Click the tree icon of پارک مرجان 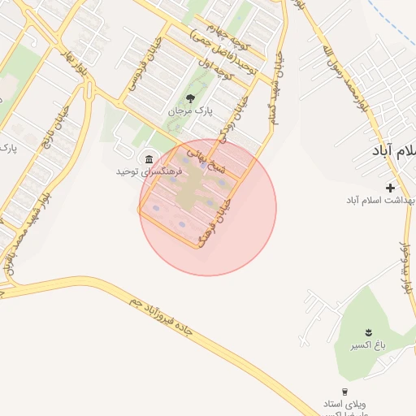click(x=190, y=98)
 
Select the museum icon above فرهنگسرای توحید click(x=147, y=158)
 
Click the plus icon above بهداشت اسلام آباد click(x=391, y=187)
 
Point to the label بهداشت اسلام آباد click(x=382, y=200)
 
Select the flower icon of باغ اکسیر click(x=368, y=332)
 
